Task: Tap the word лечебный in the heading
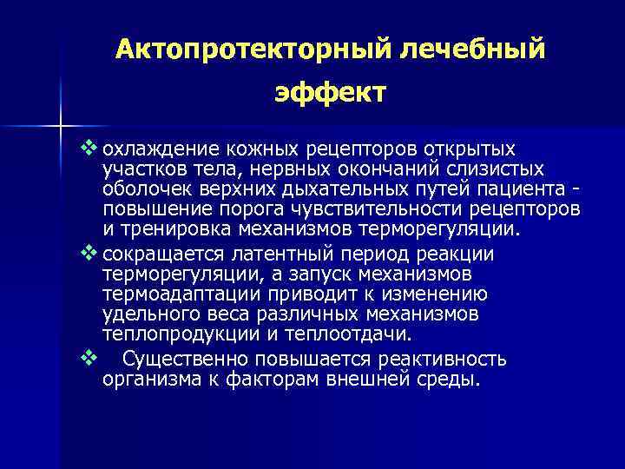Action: click(472, 50)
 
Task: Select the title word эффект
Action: click(330, 91)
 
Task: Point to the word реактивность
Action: click(441, 360)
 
